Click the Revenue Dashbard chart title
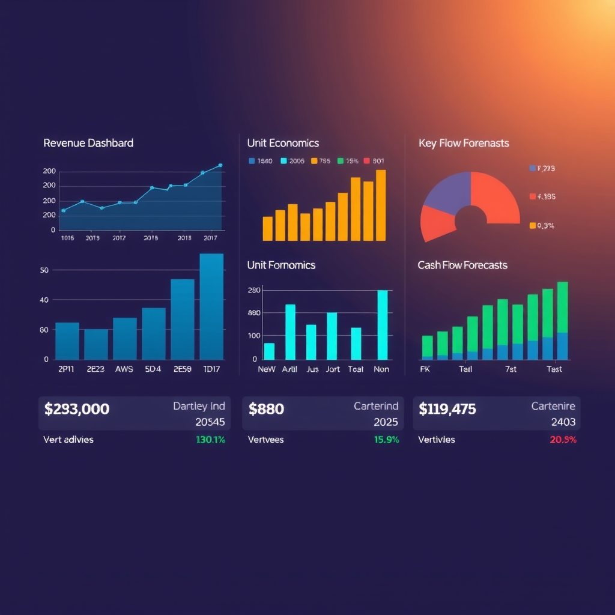click(x=88, y=143)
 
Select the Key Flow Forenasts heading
click(x=463, y=143)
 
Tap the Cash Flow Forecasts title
click(x=462, y=265)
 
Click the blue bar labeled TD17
click(x=211, y=306)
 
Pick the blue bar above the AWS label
click(x=125, y=338)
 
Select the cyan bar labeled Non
click(x=382, y=324)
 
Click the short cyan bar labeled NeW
click(x=269, y=351)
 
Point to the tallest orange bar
click(x=381, y=205)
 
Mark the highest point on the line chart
click(x=220, y=165)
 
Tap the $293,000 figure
click(x=77, y=410)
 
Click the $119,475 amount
click(x=447, y=410)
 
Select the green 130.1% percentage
click(x=210, y=440)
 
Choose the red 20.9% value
click(x=563, y=440)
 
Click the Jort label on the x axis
click(x=333, y=369)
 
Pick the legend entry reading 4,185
click(x=545, y=196)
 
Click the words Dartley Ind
click(x=199, y=407)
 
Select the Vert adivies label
click(x=68, y=440)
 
